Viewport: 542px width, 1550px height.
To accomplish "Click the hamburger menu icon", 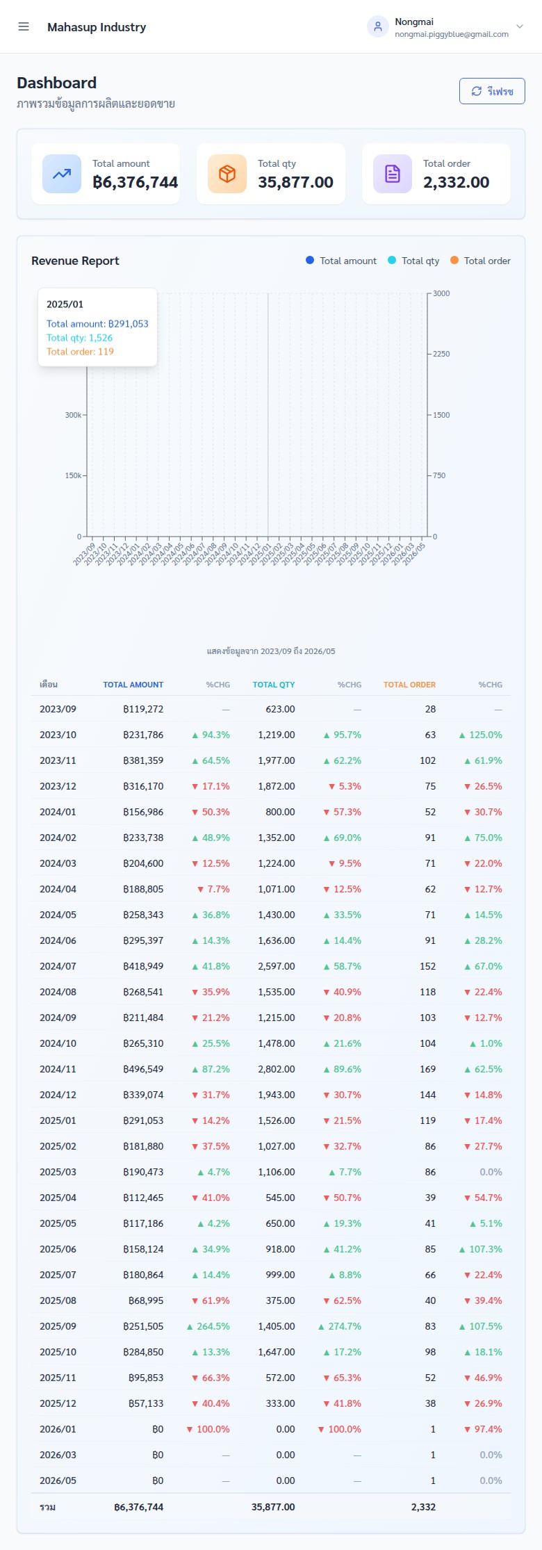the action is pos(24,26).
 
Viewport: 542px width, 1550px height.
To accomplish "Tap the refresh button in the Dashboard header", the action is pos(492,91).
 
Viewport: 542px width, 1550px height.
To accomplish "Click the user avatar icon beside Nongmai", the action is pos(377,26).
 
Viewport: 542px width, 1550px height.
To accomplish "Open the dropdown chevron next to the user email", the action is pos(519,26).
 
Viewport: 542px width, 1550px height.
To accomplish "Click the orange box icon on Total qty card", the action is pos(227,174).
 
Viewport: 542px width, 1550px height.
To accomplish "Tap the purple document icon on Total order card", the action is pos(393,174).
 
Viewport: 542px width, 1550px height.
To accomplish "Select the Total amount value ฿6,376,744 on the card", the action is pos(135,182).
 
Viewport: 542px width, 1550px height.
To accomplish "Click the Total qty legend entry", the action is pos(413,261).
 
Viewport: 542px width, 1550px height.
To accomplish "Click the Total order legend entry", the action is pos(480,261).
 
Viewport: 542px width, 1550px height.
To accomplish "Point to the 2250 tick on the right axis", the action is pos(441,354).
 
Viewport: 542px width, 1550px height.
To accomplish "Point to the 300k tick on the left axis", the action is pos(73,415).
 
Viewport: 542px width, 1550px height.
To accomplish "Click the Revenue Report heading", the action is pos(75,261).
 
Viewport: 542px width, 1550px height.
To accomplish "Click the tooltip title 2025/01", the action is pos(65,304).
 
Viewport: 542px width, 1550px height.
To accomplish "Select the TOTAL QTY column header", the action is pos(274,685).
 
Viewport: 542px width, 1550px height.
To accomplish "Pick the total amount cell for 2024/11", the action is pos(143,1069).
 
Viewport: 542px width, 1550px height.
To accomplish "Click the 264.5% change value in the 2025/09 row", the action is pos(208,1326).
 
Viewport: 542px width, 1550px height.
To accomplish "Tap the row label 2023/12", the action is pos(58,786).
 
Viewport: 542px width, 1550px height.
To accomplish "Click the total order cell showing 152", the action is pos(427,966).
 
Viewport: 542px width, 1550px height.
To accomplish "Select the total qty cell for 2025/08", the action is pos(280,1300).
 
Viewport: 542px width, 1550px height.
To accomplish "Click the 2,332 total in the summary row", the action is pos(423,1507).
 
